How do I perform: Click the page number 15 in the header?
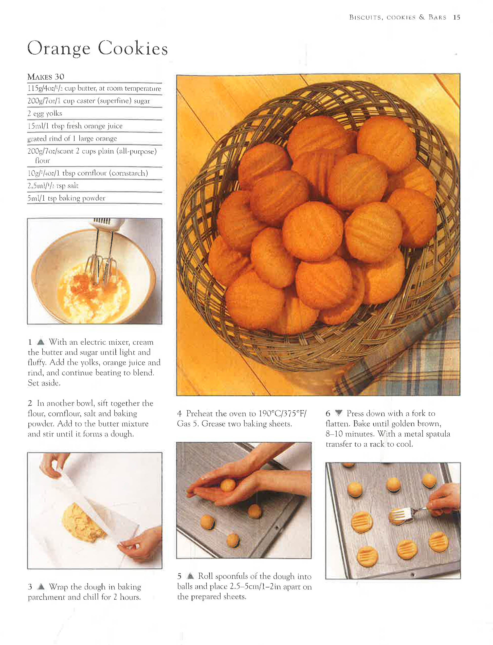[x=456, y=17]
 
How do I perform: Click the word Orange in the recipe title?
[x=59, y=48]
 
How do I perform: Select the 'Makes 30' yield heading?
[x=46, y=77]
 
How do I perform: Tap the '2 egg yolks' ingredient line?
[x=45, y=113]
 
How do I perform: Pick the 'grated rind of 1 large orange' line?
[x=72, y=138]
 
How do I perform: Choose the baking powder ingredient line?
[x=66, y=198]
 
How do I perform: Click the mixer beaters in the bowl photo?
[x=101, y=264]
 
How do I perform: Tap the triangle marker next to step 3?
[x=41, y=587]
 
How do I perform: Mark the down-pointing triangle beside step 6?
[x=339, y=413]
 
